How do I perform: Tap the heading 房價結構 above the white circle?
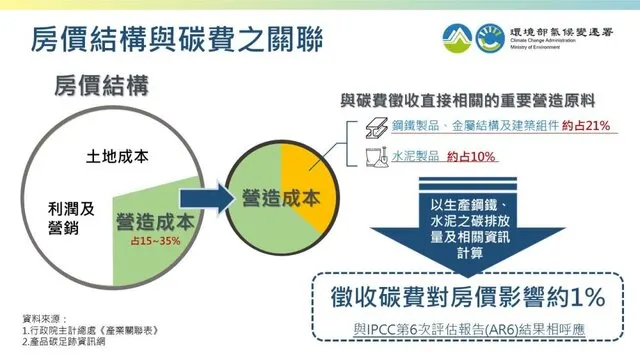coord(99,87)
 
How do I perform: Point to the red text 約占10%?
coord(470,157)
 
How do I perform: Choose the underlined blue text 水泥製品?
coord(414,157)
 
